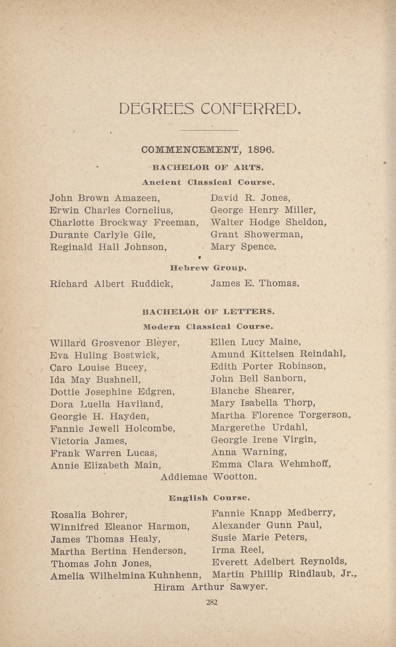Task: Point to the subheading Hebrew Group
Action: [208, 268]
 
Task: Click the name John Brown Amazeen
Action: [105, 198]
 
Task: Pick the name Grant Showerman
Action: [256, 234]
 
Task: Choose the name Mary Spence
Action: [243, 247]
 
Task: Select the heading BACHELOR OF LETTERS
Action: [208, 311]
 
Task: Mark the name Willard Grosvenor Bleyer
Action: [114, 343]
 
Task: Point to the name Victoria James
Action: [88, 441]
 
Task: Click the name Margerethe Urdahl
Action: [259, 428]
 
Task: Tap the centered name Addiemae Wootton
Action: [209, 477]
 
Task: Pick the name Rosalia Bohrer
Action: [89, 515]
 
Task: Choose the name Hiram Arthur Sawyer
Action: [211, 587]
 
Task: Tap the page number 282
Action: [212, 603]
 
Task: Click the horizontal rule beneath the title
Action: [209, 130]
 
